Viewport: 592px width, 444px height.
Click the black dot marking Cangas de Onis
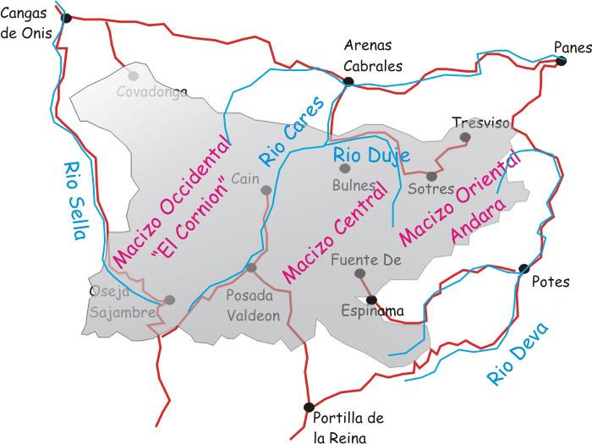click(x=67, y=18)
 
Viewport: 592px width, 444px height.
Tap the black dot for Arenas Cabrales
click(x=348, y=81)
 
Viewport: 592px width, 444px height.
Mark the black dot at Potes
click(x=523, y=269)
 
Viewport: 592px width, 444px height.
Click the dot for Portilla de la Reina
click(x=309, y=407)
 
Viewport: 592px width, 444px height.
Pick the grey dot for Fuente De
click(x=360, y=273)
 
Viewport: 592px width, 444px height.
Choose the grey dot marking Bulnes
click(x=345, y=167)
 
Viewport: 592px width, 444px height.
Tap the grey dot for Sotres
click(x=431, y=176)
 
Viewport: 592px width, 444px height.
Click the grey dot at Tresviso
click(x=464, y=136)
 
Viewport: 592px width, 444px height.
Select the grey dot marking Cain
click(x=266, y=190)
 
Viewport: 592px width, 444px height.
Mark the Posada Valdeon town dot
click(x=250, y=268)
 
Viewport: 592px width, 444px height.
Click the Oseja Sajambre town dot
click(x=169, y=299)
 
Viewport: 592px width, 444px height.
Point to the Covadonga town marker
click(x=132, y=75)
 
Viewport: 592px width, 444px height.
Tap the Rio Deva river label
click(x=518, y=354)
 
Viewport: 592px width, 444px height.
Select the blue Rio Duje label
click(x=371, y=156)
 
